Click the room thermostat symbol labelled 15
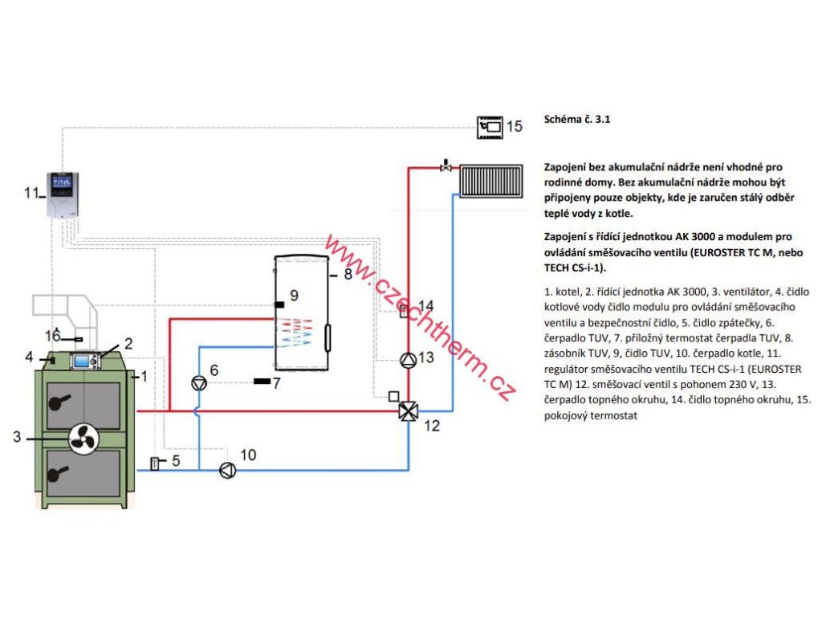point(490,127)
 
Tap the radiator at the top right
point(491,181)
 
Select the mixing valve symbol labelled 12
point(409,411)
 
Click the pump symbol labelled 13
point(409,360)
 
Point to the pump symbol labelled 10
point(227,470)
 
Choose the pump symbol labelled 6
point(199,383)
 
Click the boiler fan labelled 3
point(83,439)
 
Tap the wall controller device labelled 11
point(63,194)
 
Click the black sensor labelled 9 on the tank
point(279,304)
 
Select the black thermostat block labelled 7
point(262,382)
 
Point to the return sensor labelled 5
point(155,464)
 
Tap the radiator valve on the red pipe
point(446,166)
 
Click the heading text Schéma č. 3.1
point(576,119)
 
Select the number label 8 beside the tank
point(348,275)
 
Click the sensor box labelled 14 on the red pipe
point(404,312)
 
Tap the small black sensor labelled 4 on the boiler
point(52,360)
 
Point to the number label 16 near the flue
point(52,336)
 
